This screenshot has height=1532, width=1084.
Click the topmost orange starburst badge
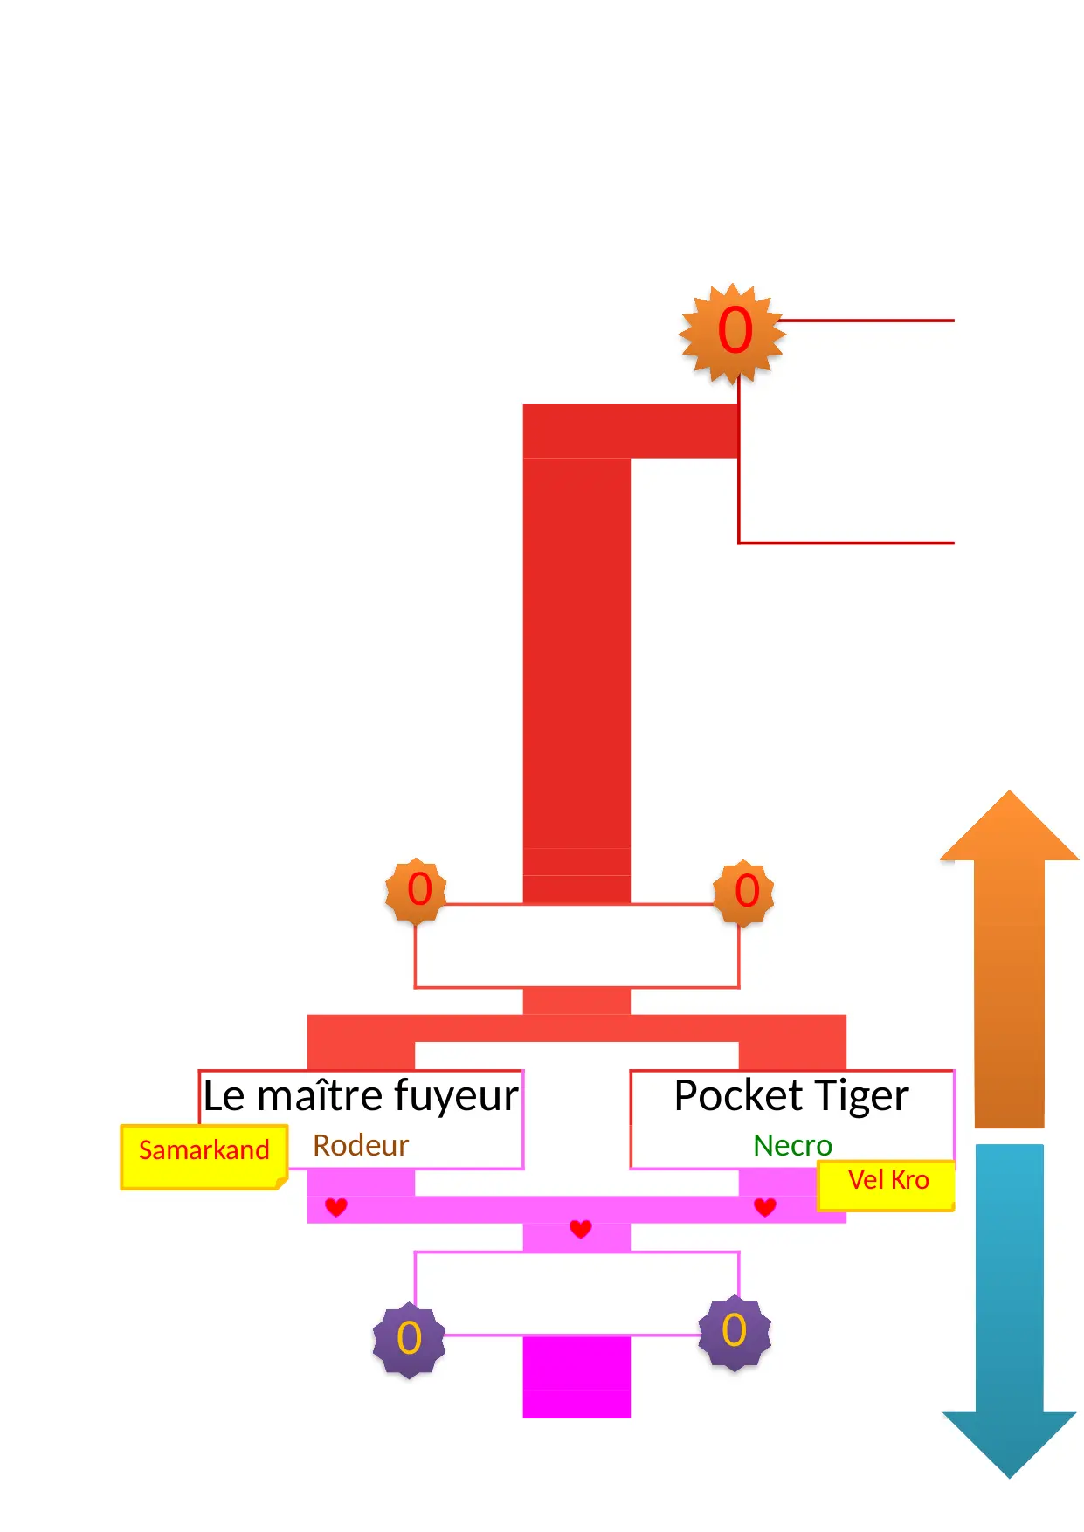733,333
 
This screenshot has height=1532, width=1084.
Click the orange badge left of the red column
418,891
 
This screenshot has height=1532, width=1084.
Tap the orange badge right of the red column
744,892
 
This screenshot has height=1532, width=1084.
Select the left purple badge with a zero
409,1339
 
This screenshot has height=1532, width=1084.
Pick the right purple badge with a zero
735,1332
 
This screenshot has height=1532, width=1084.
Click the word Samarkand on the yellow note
204,1151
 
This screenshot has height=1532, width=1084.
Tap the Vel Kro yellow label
887,1181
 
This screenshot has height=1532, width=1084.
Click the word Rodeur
361,1146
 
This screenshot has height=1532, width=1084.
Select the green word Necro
792,1146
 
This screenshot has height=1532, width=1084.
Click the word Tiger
860,1097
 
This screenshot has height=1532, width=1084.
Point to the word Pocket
738,1097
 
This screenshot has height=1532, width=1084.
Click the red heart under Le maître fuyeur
336,1208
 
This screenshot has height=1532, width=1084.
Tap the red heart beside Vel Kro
765,1208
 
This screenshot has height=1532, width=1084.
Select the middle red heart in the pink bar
581,1230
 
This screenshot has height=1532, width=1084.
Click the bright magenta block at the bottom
577,1377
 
